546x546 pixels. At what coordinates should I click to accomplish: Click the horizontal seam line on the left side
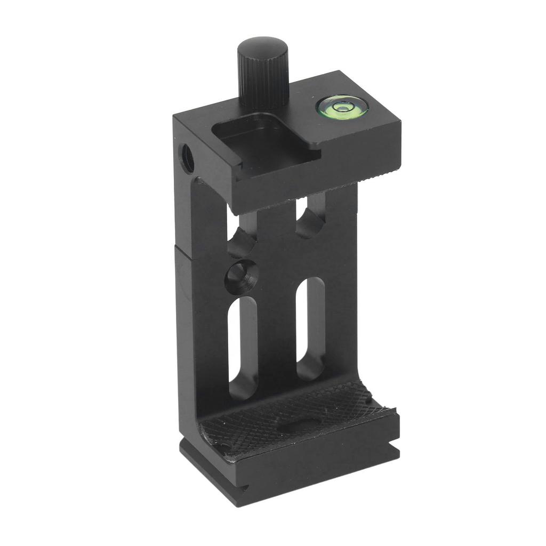tap(187, 251)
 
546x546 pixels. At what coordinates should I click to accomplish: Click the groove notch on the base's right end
tap(395, 451)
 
